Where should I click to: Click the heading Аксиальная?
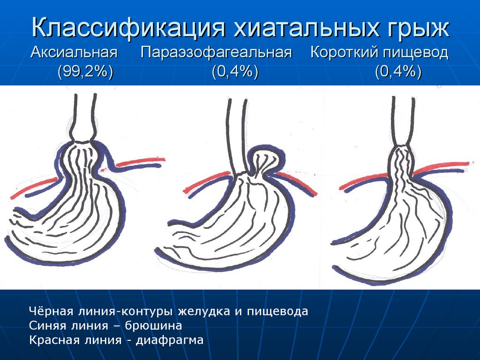point(74,52)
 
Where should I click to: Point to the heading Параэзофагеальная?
point(217,53)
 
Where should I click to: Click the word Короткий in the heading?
point(342,52)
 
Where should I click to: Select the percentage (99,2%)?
point(85,72)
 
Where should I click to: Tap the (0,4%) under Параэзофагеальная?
point(235,72)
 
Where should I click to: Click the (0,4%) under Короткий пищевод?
point(398,72)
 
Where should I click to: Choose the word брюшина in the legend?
point(154,325)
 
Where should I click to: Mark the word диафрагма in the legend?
point(170,340)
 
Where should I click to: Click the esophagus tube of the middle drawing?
point(237,136)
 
